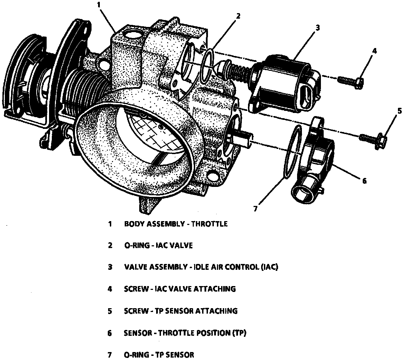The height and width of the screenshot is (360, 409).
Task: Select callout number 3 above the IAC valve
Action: (317, 27)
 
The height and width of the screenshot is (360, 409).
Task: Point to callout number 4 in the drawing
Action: (374, 51)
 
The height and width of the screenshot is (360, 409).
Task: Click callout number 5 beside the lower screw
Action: (400, 111)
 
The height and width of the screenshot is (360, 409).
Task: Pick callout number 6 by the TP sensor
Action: (364, 180)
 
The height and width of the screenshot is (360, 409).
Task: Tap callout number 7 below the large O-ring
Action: (255, 208)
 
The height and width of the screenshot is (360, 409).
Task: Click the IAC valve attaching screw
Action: (349, 82)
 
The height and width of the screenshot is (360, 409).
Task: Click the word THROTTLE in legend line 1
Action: (209, 224)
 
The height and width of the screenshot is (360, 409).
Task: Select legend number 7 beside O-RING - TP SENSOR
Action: (110, 354)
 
